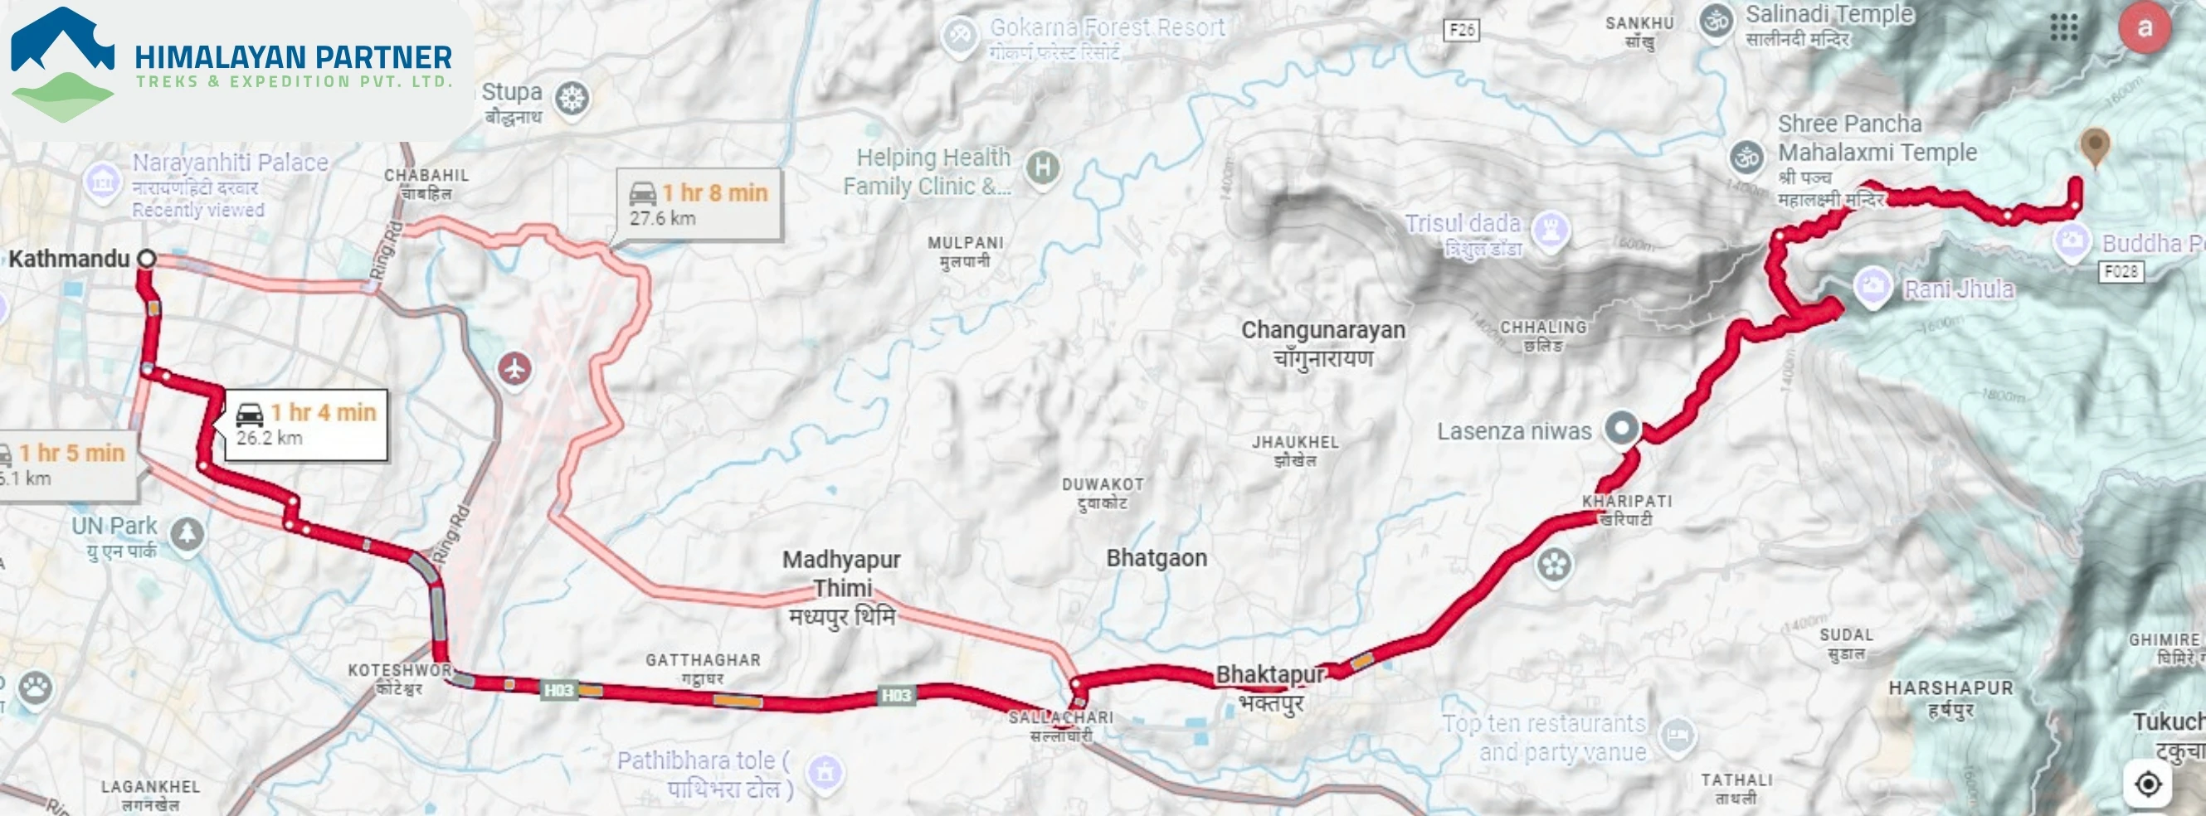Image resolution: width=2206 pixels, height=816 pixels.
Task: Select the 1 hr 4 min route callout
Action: pyautogui.click(x=306, y=425)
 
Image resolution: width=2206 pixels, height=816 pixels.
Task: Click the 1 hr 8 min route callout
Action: pyautogui.click(x=699, y=205)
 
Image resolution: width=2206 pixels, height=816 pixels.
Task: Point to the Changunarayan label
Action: pyautogui.click(x=1323, y=331)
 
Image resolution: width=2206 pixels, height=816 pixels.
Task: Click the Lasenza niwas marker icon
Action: pyautogui.click(x=1622, y=427)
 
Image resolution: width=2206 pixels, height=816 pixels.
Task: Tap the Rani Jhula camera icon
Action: pyautogui.click(x=1872, y=286)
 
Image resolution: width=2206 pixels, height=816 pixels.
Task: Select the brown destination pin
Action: pyautogui.click(x=2095, y=147)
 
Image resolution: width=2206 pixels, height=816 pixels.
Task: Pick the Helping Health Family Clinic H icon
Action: pyautogui.click(x=1043, y=167)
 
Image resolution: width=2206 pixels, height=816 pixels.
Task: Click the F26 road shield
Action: pyautogui.click(x=1461, y=30)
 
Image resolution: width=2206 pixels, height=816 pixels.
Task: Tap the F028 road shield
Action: pyautogui.click(x=2121, y=272)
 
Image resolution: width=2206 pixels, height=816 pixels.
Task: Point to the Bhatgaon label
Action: pyautogui.click(x=1156, y=558)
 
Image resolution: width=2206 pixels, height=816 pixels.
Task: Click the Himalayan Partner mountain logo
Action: pyautogui.click(x=61, y=64)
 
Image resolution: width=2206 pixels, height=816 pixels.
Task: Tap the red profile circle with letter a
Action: pyautogui.click(x=2144, y=28)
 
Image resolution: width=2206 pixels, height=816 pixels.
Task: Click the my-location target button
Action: pyautogui.click(x=2148, y=784)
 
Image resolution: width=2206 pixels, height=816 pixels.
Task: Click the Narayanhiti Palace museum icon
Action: pyautogui.click(x=102, y=182)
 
